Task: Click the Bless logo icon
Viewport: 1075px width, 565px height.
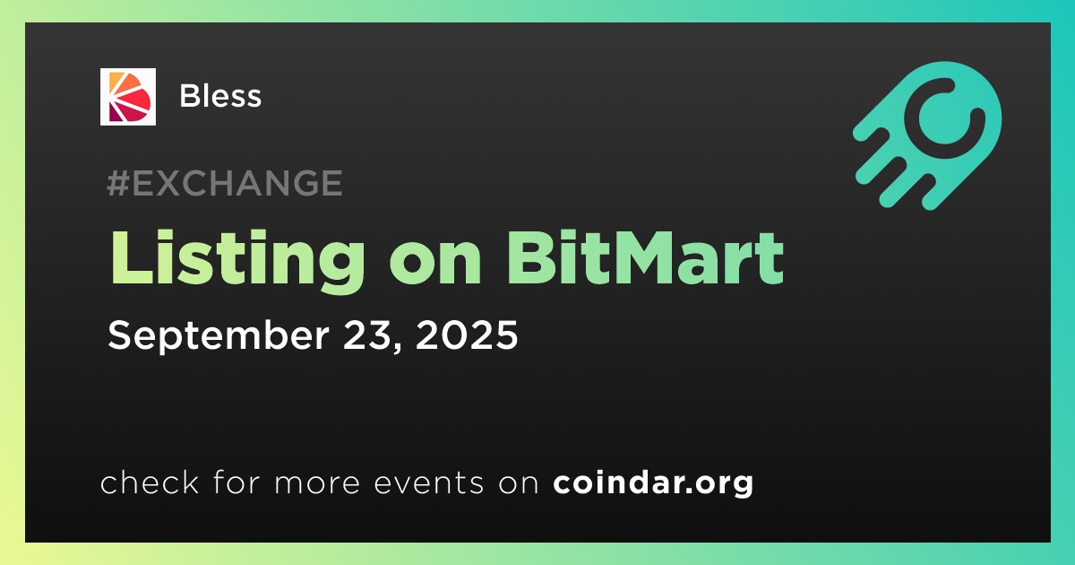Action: pos(127,97)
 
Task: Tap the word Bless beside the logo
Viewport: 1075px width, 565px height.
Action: pos(220,96)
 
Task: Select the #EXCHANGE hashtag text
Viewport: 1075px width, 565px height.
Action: pos(225,183)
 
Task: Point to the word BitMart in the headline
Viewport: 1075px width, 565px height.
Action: pos(645,257)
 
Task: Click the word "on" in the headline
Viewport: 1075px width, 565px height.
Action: pos(435,265)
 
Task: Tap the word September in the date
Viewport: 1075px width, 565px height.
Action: pos(219,335)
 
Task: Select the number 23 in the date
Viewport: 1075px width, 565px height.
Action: pos(369,335)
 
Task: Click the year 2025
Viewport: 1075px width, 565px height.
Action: pos(467,335)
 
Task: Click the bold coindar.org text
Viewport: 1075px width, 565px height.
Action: pos(653,482)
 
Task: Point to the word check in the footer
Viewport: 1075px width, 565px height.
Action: pos(150,482)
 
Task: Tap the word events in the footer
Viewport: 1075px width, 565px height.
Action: pos(429,482)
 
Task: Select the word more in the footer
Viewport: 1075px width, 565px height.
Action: pos(317,483)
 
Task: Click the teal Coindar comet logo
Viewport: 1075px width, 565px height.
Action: pos(927,135)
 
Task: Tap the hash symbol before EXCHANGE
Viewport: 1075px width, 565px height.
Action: pos(118,183)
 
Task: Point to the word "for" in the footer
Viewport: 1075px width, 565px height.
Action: pos(236,482)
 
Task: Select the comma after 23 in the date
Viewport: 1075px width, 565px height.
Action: pos(398,347)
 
